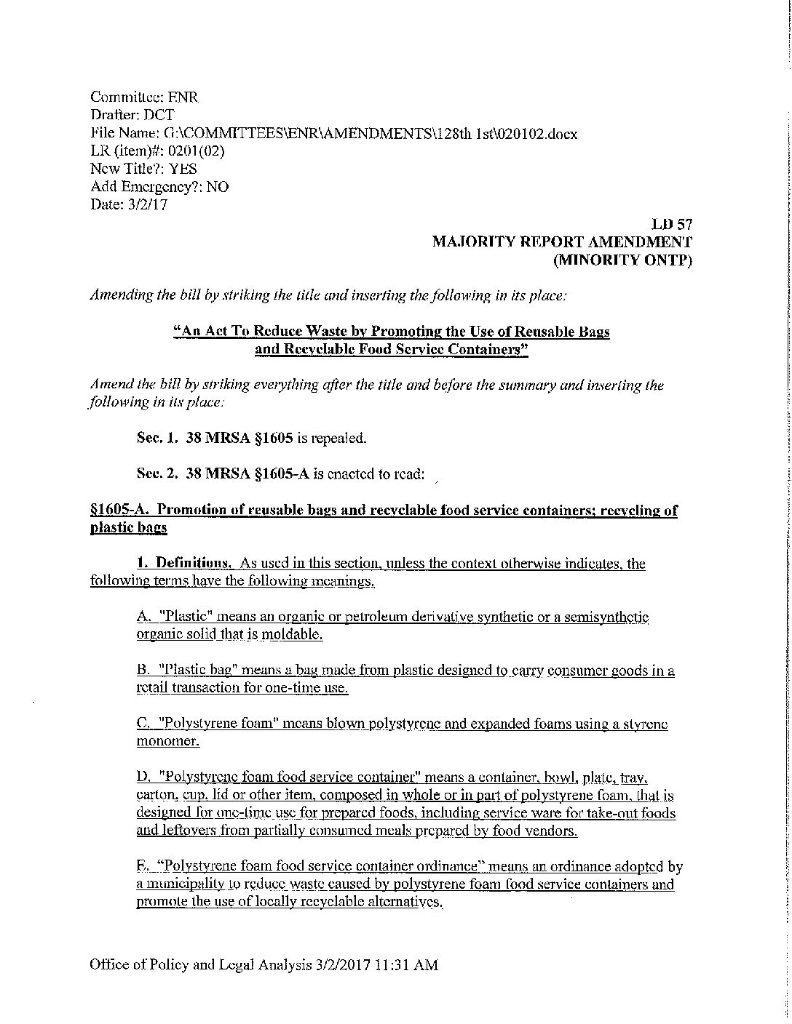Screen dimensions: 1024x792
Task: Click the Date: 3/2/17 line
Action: [129, 205]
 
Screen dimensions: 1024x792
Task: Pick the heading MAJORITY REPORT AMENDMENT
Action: [561, 242]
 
